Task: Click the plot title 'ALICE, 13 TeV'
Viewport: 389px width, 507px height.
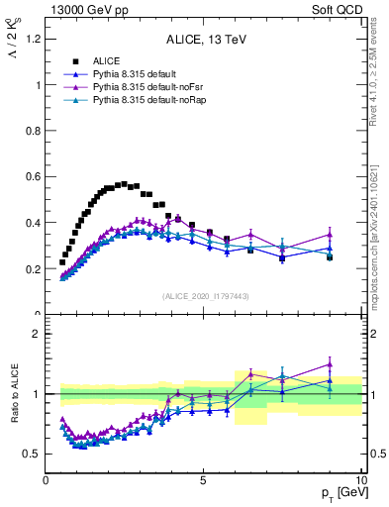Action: point(204,40)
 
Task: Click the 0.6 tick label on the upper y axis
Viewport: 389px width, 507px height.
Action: point(32,177)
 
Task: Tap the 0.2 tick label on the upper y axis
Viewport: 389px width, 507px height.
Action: point(32,269)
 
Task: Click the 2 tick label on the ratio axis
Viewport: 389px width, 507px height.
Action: point(36,334)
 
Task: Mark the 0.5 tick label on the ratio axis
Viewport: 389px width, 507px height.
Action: point(32,455)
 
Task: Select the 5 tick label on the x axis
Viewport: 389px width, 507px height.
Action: point(203,480)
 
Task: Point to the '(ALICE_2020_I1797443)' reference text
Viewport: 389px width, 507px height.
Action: point(204,296)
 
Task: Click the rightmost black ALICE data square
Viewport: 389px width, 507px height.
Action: point(330,257)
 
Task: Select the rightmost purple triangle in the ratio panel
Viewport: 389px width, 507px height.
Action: point(330,364)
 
